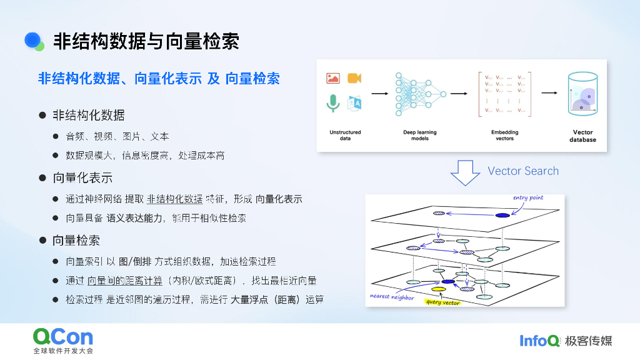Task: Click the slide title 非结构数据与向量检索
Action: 146,42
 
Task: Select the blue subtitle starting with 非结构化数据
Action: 159,79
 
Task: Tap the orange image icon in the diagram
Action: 332,78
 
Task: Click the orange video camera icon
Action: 354,78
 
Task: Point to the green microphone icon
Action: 332,102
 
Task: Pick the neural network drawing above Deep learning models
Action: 419,94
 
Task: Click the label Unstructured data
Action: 345,135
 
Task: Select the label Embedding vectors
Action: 504,135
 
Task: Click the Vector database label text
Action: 582,136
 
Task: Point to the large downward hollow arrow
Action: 465,172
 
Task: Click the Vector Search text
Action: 523,171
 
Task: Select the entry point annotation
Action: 528,198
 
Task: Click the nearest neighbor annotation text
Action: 392,297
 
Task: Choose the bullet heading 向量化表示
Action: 82,178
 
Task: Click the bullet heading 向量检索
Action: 76,241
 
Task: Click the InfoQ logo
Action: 540,341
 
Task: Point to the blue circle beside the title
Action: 32,40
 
